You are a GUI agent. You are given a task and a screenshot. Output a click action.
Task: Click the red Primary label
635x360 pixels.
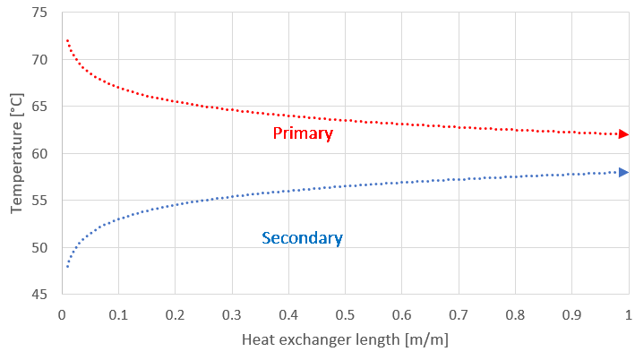point(303,133)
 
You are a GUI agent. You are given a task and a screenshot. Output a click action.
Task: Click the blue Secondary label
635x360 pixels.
point(302,238)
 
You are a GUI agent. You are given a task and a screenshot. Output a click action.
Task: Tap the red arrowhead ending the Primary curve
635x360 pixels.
point(623,134)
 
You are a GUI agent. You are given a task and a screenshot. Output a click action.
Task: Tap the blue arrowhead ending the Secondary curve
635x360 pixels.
point(623,172)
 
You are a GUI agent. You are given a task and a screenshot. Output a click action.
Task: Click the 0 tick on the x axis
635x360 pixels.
point(61,314)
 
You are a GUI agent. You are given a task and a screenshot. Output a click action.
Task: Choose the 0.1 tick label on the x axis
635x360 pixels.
point(118,314)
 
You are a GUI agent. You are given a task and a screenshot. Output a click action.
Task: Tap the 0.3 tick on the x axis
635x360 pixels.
point(231,314)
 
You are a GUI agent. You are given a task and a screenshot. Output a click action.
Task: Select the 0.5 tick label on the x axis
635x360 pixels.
point(345,314)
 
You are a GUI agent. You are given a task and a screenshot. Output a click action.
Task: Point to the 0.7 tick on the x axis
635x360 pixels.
point(459,314)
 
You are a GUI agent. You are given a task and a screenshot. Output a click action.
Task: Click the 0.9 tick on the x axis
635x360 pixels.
point(571,314)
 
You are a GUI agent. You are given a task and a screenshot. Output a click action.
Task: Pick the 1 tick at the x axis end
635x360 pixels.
point(628,314)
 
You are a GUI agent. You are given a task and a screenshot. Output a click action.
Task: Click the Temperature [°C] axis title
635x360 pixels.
point(16,154)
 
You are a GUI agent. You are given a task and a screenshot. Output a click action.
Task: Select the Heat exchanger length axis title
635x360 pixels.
point(345,340)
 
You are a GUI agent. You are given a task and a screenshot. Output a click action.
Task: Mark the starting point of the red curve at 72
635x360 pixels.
point(67,41)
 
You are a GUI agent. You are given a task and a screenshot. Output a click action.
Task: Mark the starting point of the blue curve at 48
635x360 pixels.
point(67,266)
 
